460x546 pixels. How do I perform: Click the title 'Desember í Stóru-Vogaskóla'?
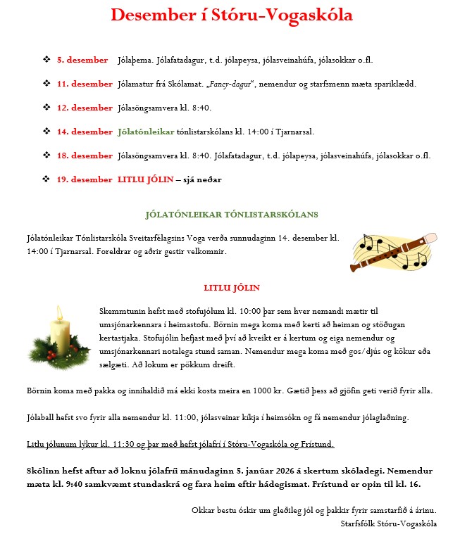click(232, 15)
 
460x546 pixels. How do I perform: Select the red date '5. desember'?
click(82, 60)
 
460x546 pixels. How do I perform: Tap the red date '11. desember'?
click(85, 84)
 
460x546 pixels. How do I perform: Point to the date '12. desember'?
click(85, 108)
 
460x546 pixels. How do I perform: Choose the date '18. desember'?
click(85, 155)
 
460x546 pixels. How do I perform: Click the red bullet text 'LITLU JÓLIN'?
click(145, 179)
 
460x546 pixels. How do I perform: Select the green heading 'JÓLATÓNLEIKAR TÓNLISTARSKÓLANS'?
click(232, 213)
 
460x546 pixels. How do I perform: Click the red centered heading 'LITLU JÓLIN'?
click(232, 288)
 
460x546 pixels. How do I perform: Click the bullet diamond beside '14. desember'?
click(46, 132)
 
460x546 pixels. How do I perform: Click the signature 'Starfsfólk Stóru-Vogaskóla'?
click(388, 523)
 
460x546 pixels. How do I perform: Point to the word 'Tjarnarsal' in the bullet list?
click(292, 132)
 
